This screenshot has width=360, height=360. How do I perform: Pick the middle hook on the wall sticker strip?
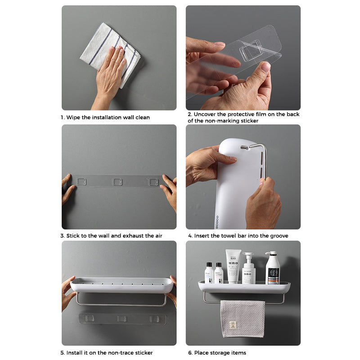click(117, 181)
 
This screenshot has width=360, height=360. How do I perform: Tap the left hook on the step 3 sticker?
click(81, 181)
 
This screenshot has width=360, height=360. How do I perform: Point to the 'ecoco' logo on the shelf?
click(216, 220)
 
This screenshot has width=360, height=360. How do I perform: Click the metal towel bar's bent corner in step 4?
click(263, 147)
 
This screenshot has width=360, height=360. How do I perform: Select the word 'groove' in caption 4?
click(279, 236)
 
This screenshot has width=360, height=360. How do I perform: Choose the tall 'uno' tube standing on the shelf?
click(234, 266)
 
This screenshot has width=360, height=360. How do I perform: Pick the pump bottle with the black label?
click(272, 269)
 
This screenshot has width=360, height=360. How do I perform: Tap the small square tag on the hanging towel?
click(232, 324)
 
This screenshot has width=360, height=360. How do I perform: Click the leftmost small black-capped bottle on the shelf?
click(209, 274)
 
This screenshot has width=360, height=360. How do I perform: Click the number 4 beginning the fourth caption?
click(190, 236)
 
